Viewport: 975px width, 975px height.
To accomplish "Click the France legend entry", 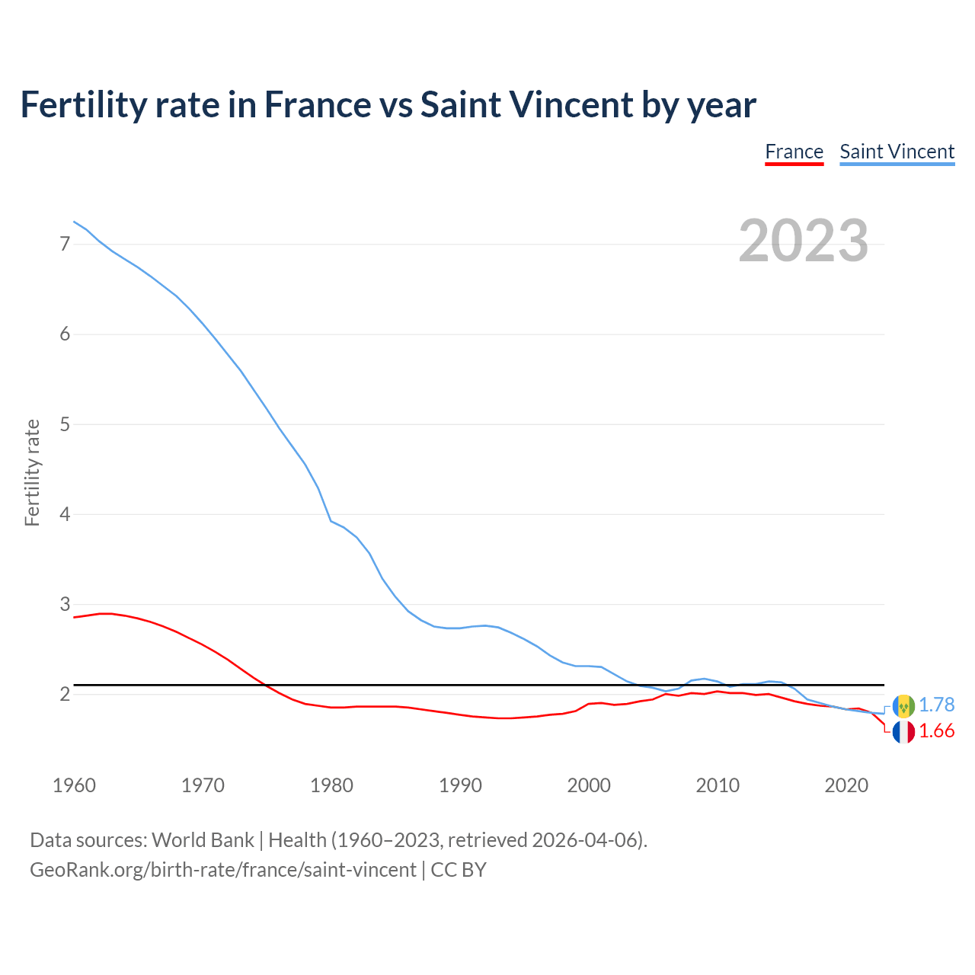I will [794, 152].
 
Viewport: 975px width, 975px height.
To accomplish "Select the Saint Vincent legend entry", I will [897, 152].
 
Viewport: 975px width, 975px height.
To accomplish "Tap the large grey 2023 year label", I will [803, 241].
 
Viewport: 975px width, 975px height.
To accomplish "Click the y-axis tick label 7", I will [65, 244].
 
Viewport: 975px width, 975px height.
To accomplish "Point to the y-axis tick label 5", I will [65, 424].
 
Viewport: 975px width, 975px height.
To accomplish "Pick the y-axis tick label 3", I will [65, 605].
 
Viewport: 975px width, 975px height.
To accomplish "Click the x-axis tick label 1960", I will [74, 785].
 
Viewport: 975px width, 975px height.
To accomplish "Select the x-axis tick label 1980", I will [331, 785].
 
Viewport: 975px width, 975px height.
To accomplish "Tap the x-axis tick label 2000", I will [589, 785].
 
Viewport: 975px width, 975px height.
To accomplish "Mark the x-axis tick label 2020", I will [846, 785].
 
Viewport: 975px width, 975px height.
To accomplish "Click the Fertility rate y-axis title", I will [32, 472].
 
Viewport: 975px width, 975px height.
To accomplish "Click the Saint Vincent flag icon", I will [903, 706].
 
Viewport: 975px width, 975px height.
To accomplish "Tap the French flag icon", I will [903, 732].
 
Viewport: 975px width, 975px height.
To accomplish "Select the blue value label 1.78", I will [936, 705].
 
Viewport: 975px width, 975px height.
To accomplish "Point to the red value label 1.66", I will [936, 731].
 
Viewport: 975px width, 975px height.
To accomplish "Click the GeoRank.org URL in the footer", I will [222, 870].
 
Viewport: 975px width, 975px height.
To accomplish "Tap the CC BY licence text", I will [459, 870].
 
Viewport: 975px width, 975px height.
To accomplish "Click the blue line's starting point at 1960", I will [74, 222].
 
